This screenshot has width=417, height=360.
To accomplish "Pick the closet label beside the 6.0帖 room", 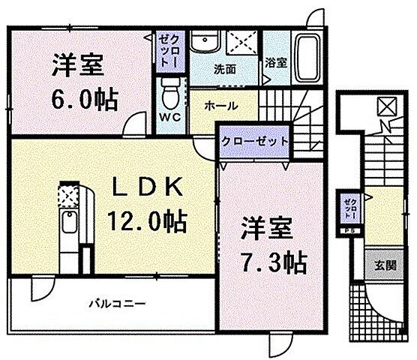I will (x=166, y=50).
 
